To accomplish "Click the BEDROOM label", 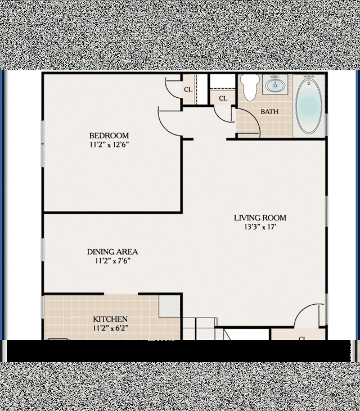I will (109, 136).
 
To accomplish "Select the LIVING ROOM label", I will (260, 218).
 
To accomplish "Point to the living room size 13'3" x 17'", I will (260, 228).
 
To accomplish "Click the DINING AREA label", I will (112, 252).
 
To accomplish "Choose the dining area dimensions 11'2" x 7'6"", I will (112, 261).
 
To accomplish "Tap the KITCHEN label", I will (110, 319).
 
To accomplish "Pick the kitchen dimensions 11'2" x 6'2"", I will (110, 328).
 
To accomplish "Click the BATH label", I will (269, 111).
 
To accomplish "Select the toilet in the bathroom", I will (248, 88).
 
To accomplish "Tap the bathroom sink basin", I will (274, 86).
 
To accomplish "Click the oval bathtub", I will (309, 105).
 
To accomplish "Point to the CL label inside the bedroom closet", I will (188, 90).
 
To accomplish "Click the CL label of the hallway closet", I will (223, 99).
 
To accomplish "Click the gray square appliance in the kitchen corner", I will (170, 305).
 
